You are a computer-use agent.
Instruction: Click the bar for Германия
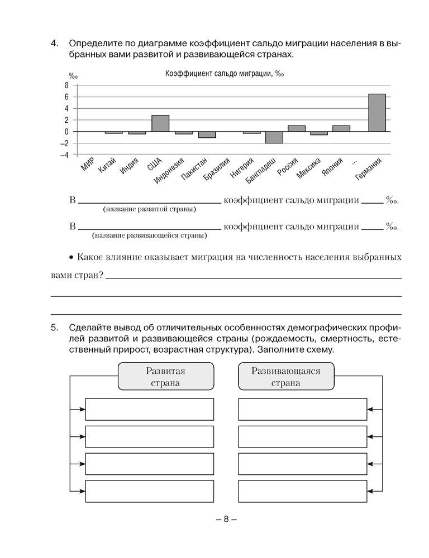[377, 113]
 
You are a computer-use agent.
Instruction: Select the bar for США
[160, 123]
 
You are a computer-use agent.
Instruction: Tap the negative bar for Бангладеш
[274, 138]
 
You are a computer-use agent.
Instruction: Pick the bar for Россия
[297, 128]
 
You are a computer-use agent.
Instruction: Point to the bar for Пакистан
[207, 134]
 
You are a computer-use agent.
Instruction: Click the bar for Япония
[341, 128]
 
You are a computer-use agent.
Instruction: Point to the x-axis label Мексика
[309, 169]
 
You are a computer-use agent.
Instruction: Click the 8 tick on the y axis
[66, 85]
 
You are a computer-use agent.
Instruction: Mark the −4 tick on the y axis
[65, 155]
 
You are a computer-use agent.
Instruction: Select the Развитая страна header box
[166, 377]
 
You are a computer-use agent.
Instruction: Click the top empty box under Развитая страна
[150, 409]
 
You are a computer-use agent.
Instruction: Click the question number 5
[54, 326]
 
